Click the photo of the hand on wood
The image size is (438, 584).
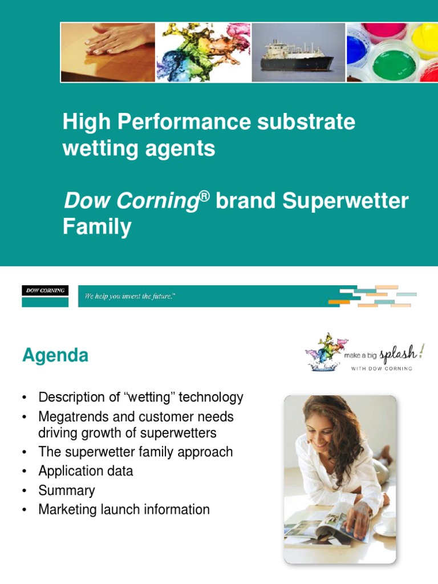(108, 52)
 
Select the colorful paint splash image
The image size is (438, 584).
(203, 52)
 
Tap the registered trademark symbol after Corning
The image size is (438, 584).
(204, 195)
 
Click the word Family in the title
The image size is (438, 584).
(97, 227)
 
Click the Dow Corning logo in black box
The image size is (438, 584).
(45, 291)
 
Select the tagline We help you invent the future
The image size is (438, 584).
(129, 296)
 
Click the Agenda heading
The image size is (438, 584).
(55, 356)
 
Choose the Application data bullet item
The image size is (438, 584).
(86, 471)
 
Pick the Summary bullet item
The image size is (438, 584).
(67, 490)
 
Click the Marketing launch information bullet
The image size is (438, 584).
(124, 509)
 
